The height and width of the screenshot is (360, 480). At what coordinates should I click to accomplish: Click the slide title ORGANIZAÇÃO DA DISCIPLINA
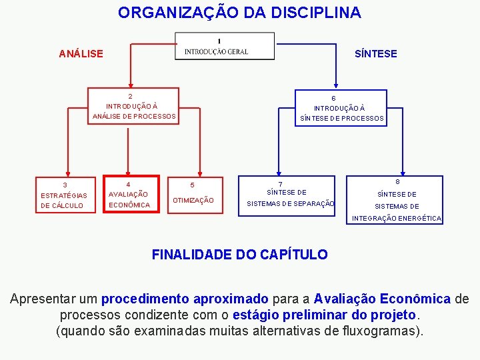pyautogui.click(x=239, y=13)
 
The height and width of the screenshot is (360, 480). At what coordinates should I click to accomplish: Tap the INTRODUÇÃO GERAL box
pyautogui.click(x=225, y=47)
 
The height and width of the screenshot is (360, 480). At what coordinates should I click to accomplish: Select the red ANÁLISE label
pyautogui.click(x=81, y=53)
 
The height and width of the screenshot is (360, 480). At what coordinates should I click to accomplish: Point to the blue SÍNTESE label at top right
pyautogui.click(x=375, y=53)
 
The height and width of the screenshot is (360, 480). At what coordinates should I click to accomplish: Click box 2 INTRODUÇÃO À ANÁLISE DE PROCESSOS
pyautogui.click(x=134, y=106)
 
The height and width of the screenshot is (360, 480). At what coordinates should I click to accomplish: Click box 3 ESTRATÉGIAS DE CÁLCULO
pyautogui.click(x=64, y=195)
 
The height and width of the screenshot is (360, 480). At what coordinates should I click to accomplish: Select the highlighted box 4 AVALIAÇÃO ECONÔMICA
pyautogui.click(x=130, y=195)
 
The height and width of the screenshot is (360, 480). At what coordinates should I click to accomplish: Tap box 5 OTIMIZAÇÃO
pyautogui.click(x=193, y=195)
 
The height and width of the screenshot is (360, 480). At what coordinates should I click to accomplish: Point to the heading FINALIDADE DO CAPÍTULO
pyautogui.click(x=239, y=254)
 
